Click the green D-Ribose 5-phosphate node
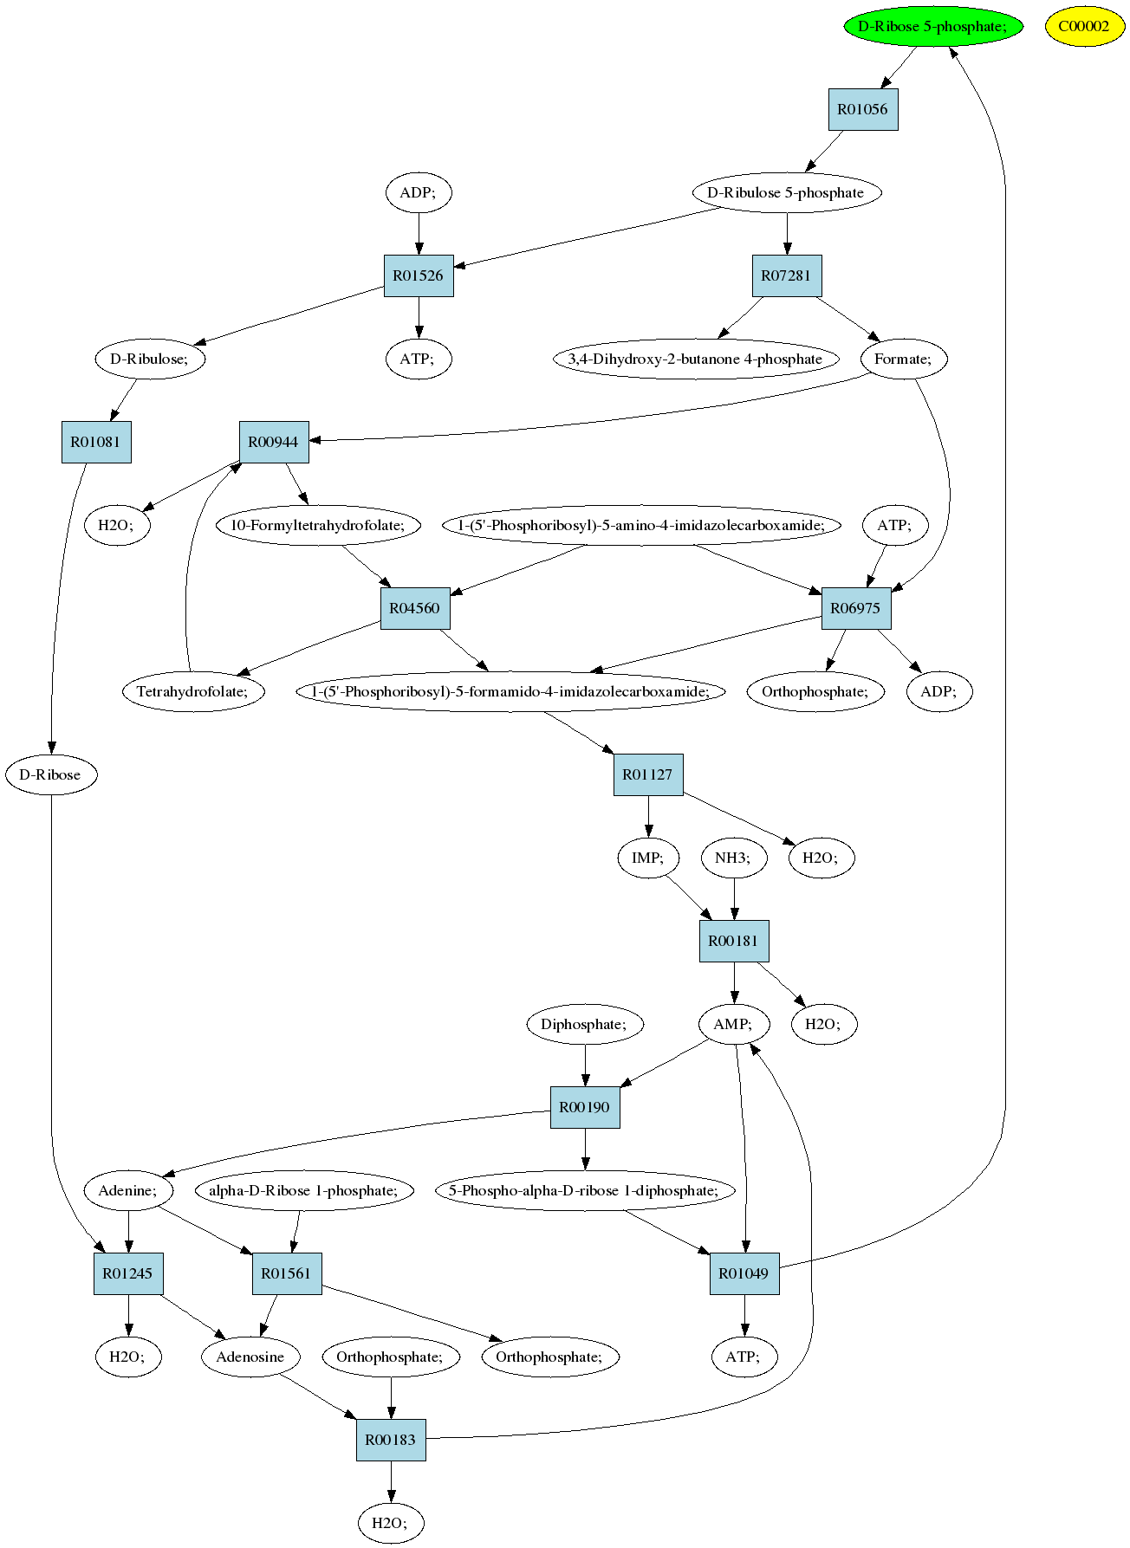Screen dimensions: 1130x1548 pos(932,26)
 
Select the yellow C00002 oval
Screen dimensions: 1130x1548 pos(1084,26)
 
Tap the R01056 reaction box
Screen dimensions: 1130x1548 pos(863,109)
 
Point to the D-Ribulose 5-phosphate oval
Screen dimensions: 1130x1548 pos(786,192)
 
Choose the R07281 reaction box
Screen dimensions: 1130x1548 pos(787,275)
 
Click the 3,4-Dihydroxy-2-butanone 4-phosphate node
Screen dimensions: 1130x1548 pos(696,359)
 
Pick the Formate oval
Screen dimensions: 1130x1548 pos(904,359)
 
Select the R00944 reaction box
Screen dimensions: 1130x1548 pos(274,442)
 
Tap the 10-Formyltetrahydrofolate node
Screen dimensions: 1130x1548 pos(318,525)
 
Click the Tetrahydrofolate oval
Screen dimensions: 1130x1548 pos(193,691)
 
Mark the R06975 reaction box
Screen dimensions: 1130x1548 pos(856,608)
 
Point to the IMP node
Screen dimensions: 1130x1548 pos(648,858)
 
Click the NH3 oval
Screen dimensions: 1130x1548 pos(734,858)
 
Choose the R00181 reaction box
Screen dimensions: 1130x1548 pos(734,941)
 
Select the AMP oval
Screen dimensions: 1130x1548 pos(734,1024)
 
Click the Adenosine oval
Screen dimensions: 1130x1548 pos(250,1357)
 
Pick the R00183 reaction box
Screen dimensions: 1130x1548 pos(391,1440)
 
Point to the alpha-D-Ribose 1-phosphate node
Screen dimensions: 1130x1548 pos(304,1190)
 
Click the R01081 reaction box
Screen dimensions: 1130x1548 pos(96,442)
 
